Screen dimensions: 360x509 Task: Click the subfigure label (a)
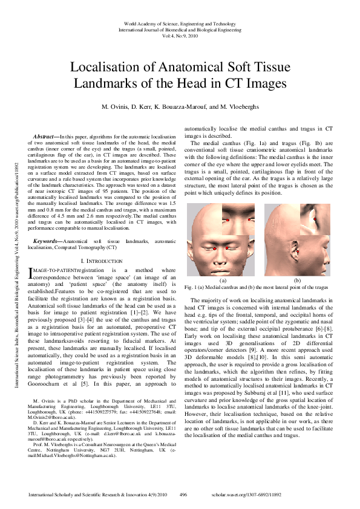[223, 280]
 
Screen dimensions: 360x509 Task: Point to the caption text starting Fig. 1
[258, 288]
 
